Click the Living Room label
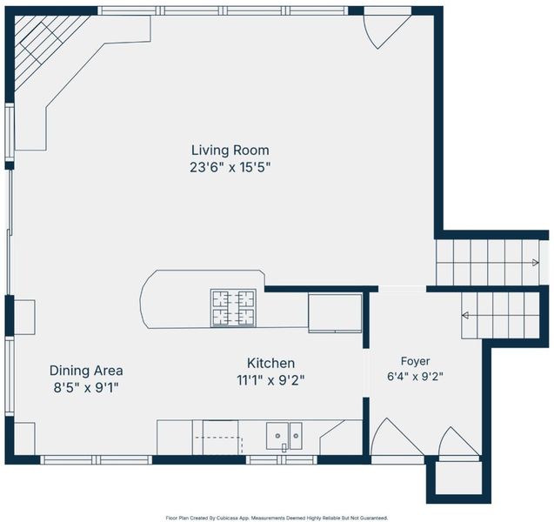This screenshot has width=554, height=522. tap(230, 151)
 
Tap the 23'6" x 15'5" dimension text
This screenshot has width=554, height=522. tap(230, 167)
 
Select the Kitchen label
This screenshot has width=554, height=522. tap(270, 363)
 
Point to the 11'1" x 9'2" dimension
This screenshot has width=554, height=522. tap(270, 380)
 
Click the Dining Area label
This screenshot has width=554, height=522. tap(86, 371)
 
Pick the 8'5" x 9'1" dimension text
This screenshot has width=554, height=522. tap(86, 388)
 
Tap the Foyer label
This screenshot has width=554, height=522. tap(415, 361)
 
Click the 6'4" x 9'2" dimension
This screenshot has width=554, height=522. tap(415, 377)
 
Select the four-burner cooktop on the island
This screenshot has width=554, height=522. tap(234, 308)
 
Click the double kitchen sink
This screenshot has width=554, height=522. tap(284, 436)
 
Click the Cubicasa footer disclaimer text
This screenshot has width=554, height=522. tap(277, 519)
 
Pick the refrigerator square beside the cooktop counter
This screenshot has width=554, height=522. tap(335, 313)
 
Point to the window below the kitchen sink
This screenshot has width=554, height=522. tap(282, 460)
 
